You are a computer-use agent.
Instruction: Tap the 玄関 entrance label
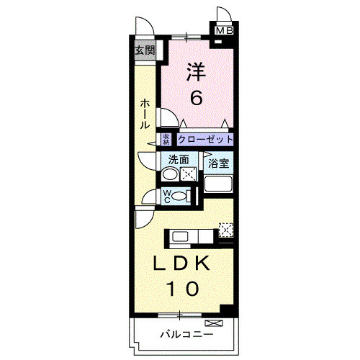[x=145, y=50]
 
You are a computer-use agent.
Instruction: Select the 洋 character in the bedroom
[x=195, y=72]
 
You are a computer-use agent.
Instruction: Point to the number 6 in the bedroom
[x=195, y=96]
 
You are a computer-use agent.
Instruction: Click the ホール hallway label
[x=145, y=114]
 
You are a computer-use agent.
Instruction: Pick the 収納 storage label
[x=166, y=140]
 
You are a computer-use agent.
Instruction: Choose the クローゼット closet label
[x=205, y=140]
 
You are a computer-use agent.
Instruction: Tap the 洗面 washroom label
[x=179, y=160]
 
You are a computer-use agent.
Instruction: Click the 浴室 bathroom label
[x=219, y=164]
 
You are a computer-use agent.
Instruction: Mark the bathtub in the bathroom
[x=219, y=183]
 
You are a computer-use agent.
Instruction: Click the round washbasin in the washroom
[x=170, y=174]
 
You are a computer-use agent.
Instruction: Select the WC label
[x=166, y=195]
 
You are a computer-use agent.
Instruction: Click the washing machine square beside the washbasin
[x=189, y=174]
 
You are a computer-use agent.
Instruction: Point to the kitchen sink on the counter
[x=179, y=235]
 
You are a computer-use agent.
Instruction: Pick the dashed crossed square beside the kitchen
[x=226, y=230]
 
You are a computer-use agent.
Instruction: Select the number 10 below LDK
[x=184, y=289]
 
